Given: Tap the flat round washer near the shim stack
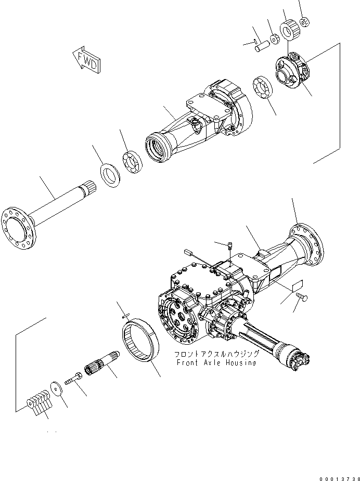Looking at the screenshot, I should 56,388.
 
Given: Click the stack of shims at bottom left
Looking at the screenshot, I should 37,401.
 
